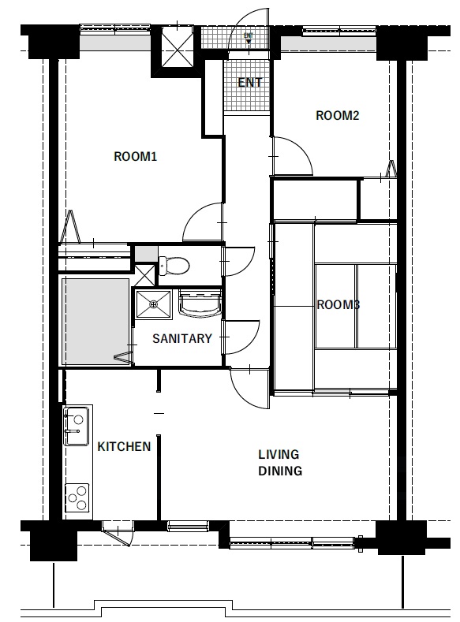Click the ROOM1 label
[x=136, y=156]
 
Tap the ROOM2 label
[x=338, y=115]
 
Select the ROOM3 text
[x=338, y=304]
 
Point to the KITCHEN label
[x=124, y=447]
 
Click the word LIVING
[x=279, y=454]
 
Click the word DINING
[x=280, y=471]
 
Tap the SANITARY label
[x=182, y=338]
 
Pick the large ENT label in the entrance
[x=250, y=83]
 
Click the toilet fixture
[x=174, y=266]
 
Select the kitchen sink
[x=77, y=426]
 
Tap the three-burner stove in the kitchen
[x=77, y=497]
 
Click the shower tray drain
[x=154, y=304]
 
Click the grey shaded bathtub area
[x=97, y=322]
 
